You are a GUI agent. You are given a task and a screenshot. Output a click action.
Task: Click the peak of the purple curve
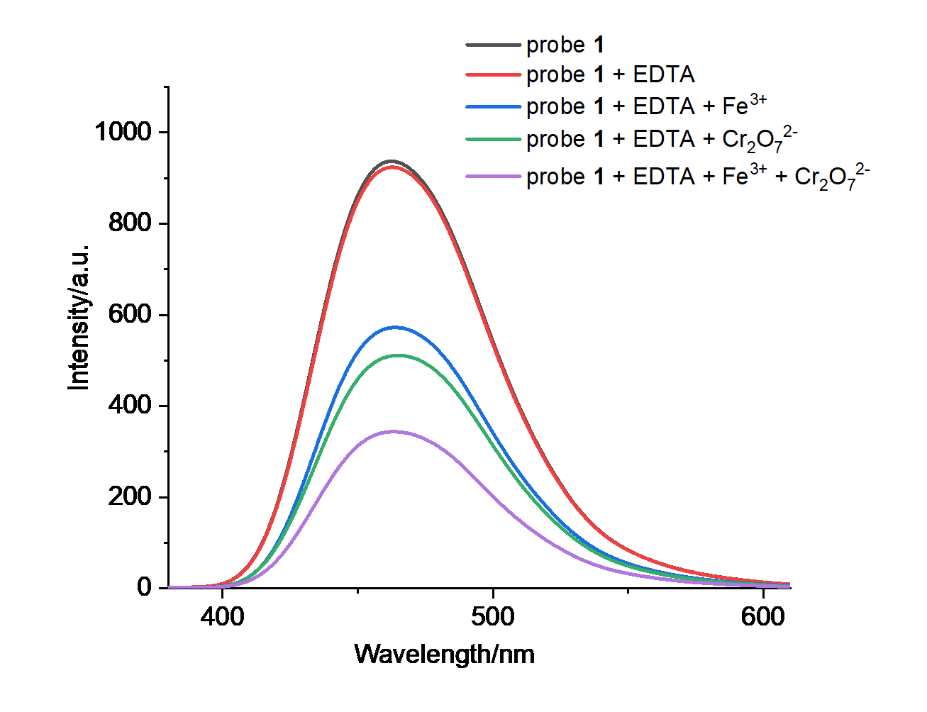[394, 431]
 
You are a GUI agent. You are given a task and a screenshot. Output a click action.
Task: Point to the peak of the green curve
[397, 355]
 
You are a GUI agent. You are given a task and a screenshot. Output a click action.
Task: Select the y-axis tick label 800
[130, 223]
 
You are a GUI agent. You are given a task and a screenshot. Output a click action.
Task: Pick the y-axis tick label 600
[130, 314]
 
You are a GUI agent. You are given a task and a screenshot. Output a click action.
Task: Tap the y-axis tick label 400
[130, 406]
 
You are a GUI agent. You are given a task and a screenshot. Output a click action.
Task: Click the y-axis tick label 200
[130, 496]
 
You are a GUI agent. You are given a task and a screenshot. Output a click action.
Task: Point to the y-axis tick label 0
[144, 587]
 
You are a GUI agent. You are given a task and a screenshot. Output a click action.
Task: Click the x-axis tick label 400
[223, 616]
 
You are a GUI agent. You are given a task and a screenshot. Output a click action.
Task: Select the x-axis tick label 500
[493, 616]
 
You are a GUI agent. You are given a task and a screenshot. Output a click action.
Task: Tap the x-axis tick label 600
[763, 616]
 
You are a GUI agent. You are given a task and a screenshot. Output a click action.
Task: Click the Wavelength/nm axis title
[445, 654]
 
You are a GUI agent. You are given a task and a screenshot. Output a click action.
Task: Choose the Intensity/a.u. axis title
[79, 317]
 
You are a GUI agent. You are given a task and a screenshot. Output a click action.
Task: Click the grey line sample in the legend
[493, 45]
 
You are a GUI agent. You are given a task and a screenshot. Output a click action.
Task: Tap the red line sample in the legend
[493, 74]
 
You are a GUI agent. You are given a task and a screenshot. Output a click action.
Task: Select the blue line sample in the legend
[493, 106]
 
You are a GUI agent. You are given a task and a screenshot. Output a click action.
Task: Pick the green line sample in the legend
[493, 139]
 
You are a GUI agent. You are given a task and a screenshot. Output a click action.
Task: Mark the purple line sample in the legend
[493, 176]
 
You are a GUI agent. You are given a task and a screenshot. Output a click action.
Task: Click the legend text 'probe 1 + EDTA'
[610, 74]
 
